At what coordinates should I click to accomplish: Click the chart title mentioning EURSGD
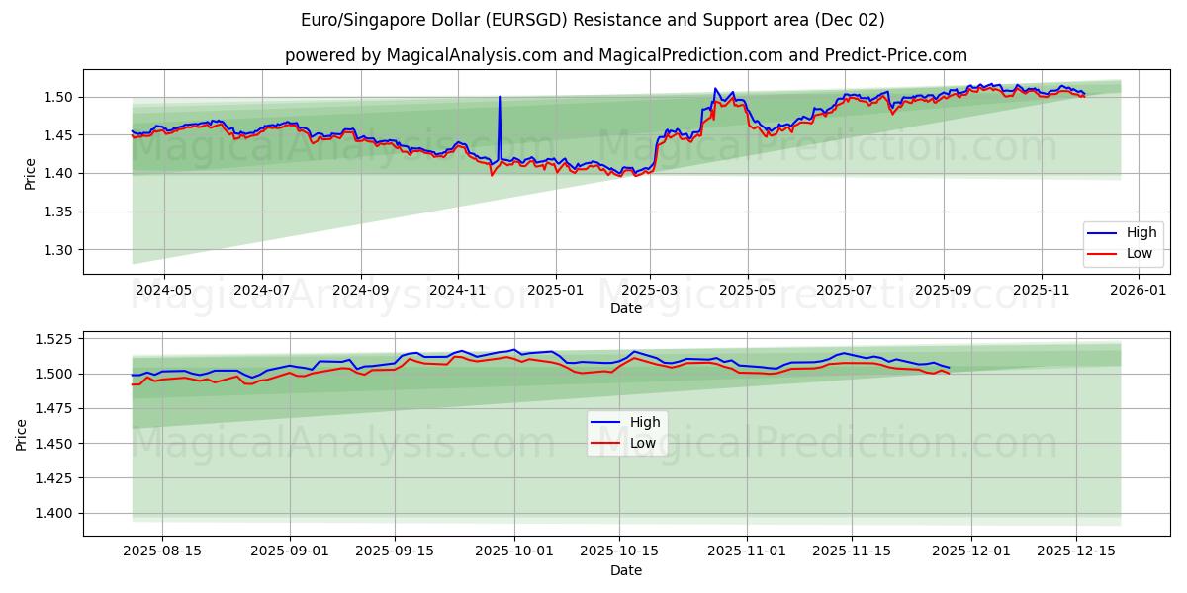coord(593,20)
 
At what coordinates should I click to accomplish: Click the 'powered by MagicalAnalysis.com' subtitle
coord(625,55)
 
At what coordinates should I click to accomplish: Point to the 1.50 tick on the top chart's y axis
coord(59,97)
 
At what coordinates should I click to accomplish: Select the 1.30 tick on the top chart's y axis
coord(59,250)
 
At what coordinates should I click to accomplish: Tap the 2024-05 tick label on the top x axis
coord(163,290)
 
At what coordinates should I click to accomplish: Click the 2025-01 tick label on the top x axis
coord(555,290)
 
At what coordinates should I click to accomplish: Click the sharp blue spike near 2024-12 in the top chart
coord(500,97)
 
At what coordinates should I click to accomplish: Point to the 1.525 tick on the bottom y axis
coord(55,339)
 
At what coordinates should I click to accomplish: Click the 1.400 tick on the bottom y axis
coord(55,513)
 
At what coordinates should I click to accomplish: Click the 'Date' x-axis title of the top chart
coord(625,308)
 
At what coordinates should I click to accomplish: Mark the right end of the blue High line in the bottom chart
coord(949,368)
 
